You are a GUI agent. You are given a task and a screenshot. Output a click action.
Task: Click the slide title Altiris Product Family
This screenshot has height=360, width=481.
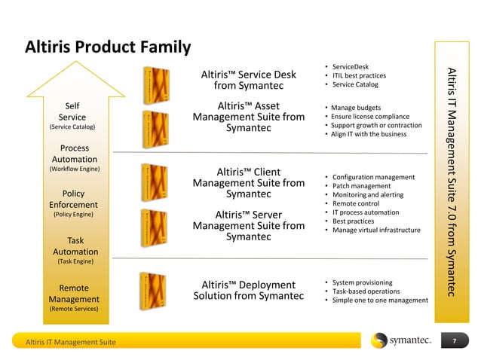point(108,47)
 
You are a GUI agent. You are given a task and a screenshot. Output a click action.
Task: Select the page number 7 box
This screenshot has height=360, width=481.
point(454,342)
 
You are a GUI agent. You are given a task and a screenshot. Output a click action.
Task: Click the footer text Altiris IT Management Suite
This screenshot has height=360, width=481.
point(71,342)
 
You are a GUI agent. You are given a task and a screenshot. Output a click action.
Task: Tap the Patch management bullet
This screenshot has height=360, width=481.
point(361,185)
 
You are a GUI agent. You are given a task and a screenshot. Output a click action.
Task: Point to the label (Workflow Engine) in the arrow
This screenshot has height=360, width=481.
point(75,169)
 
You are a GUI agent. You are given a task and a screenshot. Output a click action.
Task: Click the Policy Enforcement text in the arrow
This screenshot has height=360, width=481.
point(73,199)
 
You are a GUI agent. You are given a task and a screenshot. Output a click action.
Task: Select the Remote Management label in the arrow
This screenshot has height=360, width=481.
point(74,294)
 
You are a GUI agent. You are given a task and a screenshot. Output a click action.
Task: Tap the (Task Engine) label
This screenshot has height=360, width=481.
point(75,261)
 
